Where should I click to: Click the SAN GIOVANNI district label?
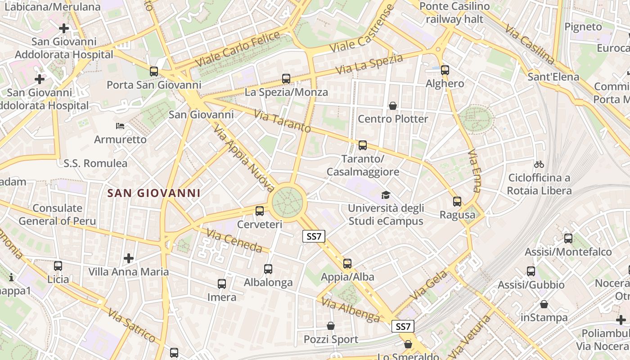coord(154,193)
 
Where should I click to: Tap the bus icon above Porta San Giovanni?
coord(154,71)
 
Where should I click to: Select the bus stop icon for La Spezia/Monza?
coord(286,79)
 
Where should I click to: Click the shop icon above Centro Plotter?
coord(393,106)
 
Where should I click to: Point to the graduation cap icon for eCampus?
coord(386,195)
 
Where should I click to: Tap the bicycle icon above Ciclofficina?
coord(539,164)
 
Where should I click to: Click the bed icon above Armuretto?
coord(120,126)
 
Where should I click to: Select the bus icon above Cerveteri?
coord(260,211)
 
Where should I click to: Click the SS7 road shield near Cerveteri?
coord(314,236)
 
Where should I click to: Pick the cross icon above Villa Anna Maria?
coord(129,258)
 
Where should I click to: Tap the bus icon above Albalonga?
coord(268,269)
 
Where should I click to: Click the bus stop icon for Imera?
coord(222,284)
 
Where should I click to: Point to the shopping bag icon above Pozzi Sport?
coord(331,326)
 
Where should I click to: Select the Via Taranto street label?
coord(282,121)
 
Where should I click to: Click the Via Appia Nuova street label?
coord(244,158)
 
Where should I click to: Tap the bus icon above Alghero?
coord(445,70)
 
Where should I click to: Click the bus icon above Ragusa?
coord(457,201)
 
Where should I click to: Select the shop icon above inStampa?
coord(544,304)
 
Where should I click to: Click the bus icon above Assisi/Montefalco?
coord(568,238)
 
